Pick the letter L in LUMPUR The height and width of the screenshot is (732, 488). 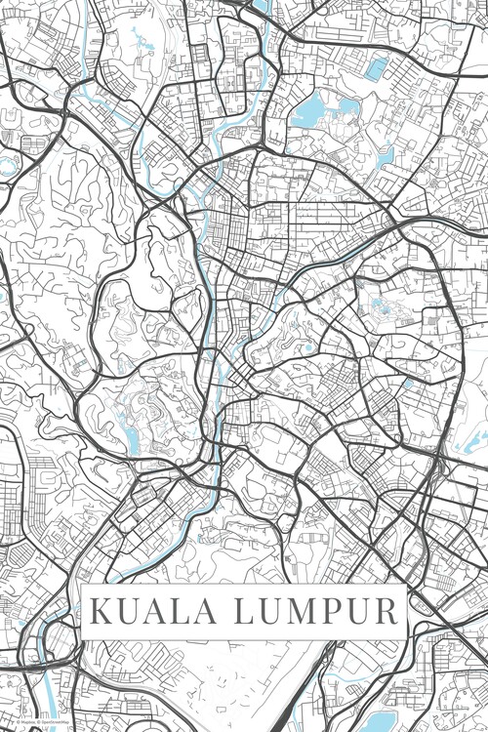coord(244,612)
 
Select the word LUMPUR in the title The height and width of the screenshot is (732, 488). coord(315,612)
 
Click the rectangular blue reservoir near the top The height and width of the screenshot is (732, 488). coord(375,68)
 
